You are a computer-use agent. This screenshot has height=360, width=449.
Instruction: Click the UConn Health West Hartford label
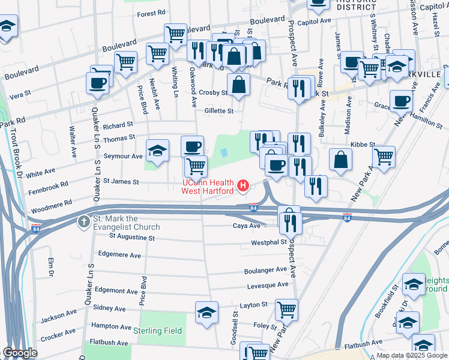208,187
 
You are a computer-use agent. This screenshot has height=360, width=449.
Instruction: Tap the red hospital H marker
243,187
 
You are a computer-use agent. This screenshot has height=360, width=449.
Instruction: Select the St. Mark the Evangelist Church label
126,223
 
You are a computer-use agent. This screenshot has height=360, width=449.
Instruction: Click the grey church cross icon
83,223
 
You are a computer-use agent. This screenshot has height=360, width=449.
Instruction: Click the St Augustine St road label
131,238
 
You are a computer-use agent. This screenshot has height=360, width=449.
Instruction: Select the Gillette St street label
218,111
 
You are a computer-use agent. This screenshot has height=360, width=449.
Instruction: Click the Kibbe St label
363,145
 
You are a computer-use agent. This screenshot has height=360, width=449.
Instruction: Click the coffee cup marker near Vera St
97,83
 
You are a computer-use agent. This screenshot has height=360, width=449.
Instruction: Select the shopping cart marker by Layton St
286,309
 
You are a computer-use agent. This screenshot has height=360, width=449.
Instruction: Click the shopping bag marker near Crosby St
238,84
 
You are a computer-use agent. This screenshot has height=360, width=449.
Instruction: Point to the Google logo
20,353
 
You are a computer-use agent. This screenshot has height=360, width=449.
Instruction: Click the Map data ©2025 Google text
412,355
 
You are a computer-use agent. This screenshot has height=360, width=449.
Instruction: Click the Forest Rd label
151,14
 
